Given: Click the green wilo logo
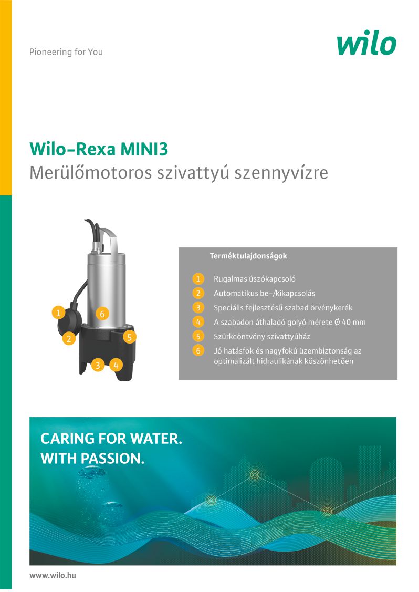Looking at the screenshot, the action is click(366, 44).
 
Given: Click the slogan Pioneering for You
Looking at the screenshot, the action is click(66, 51).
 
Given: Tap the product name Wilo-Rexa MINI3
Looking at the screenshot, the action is click(99, 149).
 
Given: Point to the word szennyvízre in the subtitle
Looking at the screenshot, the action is click(281, 173).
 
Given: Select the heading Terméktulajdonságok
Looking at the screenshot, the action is click(248, 256).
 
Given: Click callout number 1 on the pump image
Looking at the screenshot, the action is click(58, 313).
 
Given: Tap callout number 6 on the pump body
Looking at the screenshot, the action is click(102, 314).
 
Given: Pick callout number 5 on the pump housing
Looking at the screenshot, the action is click(130, 337).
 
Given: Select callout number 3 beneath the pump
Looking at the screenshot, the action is click(98, 365).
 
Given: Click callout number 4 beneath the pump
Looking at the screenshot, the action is click(116, 365).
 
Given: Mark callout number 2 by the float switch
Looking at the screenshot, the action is click(69, 339).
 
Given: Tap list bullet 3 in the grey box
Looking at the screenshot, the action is click(198, 308).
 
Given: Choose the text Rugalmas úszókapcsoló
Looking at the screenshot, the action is click(255, 279).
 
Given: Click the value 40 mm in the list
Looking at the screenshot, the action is click(354, 322).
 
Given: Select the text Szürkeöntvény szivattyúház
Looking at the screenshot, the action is click(262, 336).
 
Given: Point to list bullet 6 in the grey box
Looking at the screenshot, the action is click(198, 351).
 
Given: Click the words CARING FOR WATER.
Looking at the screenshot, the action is click(111, 439).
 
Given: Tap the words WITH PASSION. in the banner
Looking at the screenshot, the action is click(92, 459).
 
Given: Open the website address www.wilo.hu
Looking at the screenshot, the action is click(53, 575).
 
